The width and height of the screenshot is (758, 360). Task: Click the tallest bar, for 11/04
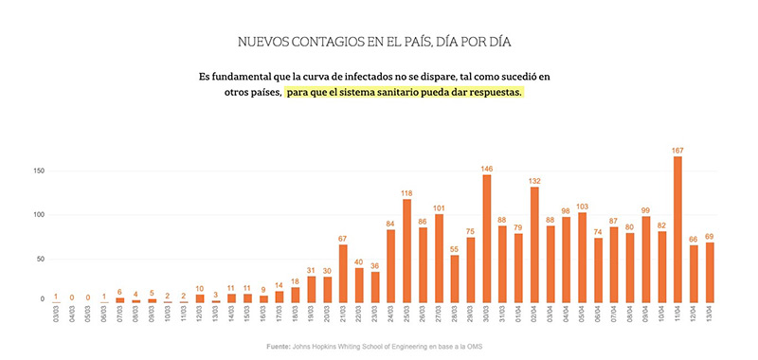click(x=677, y=229)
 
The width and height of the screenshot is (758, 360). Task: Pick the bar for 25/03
click(x=406, y=251)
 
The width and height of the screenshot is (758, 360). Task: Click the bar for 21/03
click(x=343, y=274)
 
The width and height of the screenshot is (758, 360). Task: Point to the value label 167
click(x=677, y=149)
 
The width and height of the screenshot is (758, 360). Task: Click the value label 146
click(x=486, y=167)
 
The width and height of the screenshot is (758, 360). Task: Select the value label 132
click(x=534, y=179)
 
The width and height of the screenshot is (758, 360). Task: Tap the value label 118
click(x=406, y=191)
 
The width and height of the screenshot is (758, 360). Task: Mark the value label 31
click(x=311, y=269)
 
